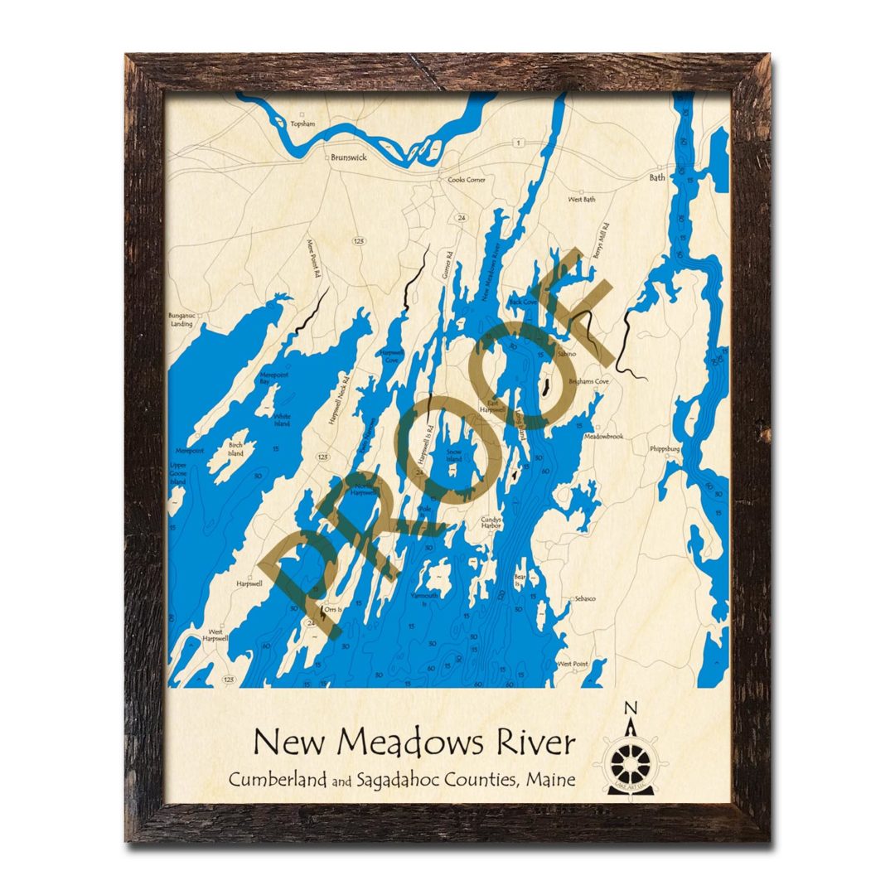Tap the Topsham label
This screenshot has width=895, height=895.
pos(303,124)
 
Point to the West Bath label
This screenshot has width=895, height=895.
pos(582,200)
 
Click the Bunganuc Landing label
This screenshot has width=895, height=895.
pos(181,320)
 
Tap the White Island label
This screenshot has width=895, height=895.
pos(283,420)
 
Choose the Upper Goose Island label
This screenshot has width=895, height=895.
pos(178,473)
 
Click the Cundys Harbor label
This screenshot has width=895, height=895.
pos(493,523)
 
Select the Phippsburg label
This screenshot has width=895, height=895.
pos(670,449)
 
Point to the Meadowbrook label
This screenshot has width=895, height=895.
pos(603,436)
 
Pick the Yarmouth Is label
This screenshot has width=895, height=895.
pos(428,599)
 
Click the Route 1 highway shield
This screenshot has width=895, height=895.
pos(518,143)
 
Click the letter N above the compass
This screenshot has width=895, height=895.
pos(631,708)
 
